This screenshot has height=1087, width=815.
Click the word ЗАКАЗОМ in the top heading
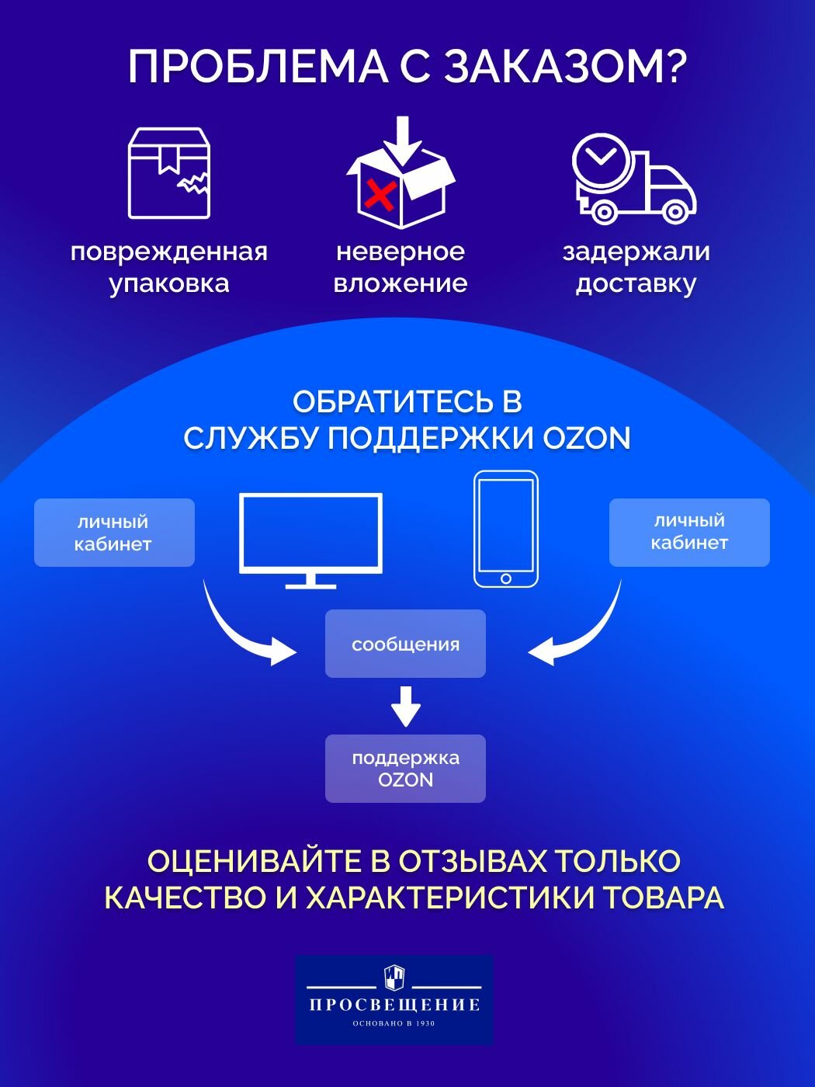(566, 67)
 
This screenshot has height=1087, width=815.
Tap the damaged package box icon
(169, 173)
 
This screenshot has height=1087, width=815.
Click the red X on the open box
(380, 195)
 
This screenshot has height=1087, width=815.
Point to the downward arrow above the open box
(402, 141)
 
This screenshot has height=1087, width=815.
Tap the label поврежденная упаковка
(169, 267)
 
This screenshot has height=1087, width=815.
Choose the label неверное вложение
(401, 267)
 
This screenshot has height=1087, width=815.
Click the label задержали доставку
(636, 267)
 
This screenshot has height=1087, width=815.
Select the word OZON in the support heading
(587, 439)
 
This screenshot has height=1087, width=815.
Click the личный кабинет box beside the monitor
(114, 533)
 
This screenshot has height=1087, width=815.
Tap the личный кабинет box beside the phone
(689, 532)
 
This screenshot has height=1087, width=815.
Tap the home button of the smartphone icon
(506, 578)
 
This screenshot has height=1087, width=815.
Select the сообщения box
(405, 644)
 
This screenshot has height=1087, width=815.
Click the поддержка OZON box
(405, 769)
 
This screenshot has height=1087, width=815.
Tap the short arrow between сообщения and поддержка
(405, 706)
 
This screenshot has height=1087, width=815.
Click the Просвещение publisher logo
(394, 999)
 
